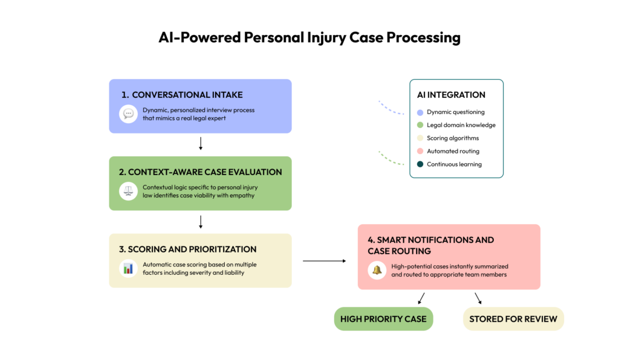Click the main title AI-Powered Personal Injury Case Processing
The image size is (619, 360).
[x=309, y=37]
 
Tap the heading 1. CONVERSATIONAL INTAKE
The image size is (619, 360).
[x=182, y=95]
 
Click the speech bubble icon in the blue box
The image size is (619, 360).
[x=128, y=114]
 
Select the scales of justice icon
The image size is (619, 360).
[x=128, y=191]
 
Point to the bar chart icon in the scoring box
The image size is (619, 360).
[x=128, y=268]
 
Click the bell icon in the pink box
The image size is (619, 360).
[x=377, y=270]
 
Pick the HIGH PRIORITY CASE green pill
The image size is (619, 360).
[x=383, y=319]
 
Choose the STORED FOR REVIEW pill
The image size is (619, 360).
[x=513, y=319]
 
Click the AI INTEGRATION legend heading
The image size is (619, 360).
[x=451, y=95]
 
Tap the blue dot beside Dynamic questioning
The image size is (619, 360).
[x=420, y=112]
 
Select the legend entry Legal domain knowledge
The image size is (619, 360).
[x=461, y=125]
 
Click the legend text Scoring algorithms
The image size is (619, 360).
[x=452, y=138]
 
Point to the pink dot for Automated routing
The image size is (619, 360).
[x=420, y=152]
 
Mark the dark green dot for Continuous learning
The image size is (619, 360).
[x=420, y=164]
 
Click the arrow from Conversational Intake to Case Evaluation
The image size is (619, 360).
[x=200, y=143]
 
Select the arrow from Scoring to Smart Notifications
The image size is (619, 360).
[x=324, y=261]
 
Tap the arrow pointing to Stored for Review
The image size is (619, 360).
[x=478, y=298]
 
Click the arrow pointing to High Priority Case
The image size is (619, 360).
[x=421, y=298]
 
